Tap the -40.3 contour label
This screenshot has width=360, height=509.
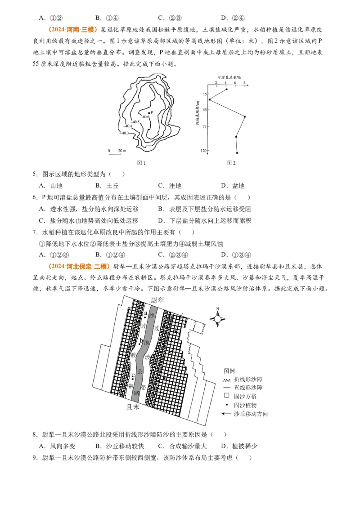click(x=125, y=133)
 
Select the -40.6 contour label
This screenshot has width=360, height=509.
click(x=145, y=117)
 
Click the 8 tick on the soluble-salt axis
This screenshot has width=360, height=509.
click(x=244, y=83)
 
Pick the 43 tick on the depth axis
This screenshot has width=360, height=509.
click(x=204, y=110)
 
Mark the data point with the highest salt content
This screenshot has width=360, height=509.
click(x=245, y=117)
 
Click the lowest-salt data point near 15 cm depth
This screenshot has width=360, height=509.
click(x=209, y=99)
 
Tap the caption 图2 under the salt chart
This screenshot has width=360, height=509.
click(x=231, y=162)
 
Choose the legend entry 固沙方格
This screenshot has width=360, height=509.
click(x=245, y=396)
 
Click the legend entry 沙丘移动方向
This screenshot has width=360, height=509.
click(x=250, y=414)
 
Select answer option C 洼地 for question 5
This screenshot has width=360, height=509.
click(x=170, y=186)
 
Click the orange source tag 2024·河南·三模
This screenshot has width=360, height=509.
click(x=72, y=30)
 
